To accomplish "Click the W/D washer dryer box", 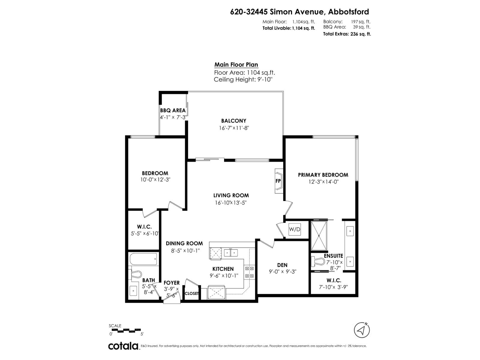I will click(295, 229).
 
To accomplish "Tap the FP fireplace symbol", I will click(278, 181).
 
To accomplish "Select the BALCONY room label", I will click(234, 121).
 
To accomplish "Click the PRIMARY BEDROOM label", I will click(323, 175).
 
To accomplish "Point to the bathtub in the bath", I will click(144, 259).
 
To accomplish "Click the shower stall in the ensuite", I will click(319, 235).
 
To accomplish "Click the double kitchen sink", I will click(231, 253).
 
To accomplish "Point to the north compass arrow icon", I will click(362, 330).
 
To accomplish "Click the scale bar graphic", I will click(126, 330).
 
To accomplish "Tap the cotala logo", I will click(123, 346).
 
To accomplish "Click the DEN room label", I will click(282, 265).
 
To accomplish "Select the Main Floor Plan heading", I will click(236, 64).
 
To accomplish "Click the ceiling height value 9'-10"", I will click(265, 79).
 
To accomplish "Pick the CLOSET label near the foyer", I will click(192, 293).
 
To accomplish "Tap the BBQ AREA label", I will click(173, 110).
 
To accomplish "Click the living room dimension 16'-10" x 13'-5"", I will click(231, 202).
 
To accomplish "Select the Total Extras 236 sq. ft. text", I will click(347, 34).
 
